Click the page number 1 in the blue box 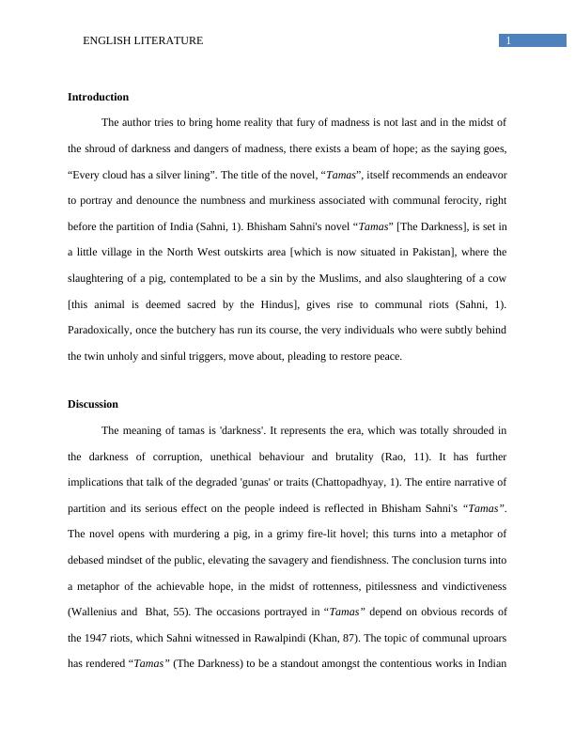pos(508,40)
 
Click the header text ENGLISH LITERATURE pos(143,40)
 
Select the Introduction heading pos(98,97)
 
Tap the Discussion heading pos(93,404)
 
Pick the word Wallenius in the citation pos(97,611)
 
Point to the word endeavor pos(485,176)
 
